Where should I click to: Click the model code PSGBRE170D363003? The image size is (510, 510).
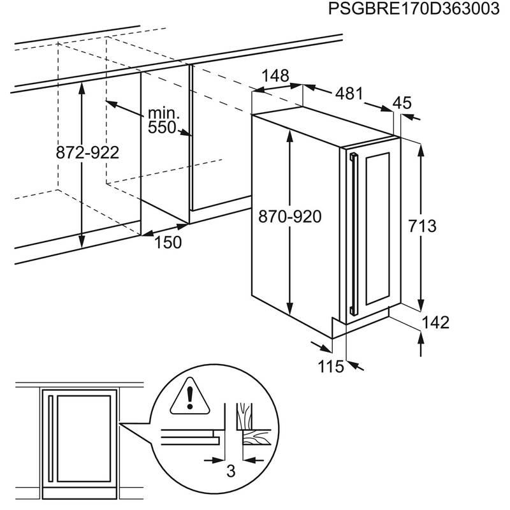coord(413,9)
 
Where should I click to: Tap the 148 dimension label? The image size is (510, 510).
coord(275,76)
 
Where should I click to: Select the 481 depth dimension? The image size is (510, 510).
coord(349,94)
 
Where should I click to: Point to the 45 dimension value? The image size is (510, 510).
coord(402,103)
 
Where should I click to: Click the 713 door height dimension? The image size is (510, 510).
coord(422,226)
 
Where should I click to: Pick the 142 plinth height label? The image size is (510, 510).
coord(435,323)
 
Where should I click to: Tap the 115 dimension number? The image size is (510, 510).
coord(330,367)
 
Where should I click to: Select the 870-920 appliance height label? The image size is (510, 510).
coord(290,216)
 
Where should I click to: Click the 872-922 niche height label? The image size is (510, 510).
coord(87,152)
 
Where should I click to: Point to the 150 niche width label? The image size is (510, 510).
coord(168,242)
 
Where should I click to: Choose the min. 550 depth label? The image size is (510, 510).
coord(163,120)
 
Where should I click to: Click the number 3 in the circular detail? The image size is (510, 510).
coord(231,470)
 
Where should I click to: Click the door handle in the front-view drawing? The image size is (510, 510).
coord(50,439)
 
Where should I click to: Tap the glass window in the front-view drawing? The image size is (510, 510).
coord(84,439)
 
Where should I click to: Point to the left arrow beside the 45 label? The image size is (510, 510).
coord(411,117)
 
